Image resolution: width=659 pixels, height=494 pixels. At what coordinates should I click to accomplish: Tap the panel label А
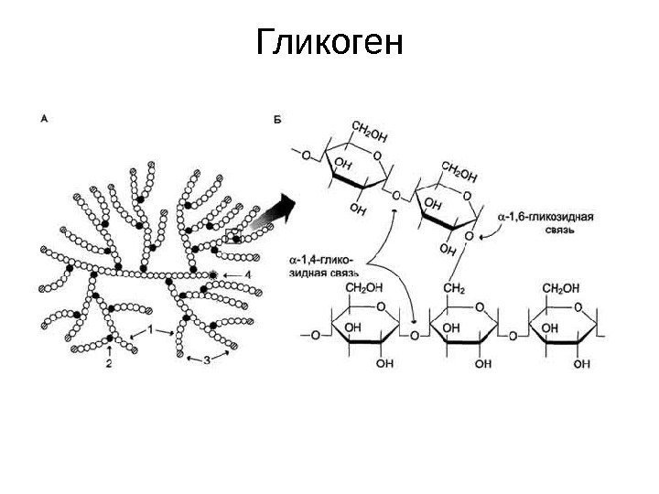tap(45, 118)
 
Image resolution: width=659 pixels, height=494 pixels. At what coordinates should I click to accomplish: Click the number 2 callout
tap(109, 364)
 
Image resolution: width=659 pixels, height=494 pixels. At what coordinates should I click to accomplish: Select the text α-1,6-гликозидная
tap(546, 218)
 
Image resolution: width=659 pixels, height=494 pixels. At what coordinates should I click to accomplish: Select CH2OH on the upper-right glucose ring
tap(459, 171)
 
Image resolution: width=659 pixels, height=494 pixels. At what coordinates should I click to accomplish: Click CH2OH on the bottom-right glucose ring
tap(561, 288)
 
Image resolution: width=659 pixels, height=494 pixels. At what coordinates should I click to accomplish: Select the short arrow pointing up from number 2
tap(110, 349)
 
